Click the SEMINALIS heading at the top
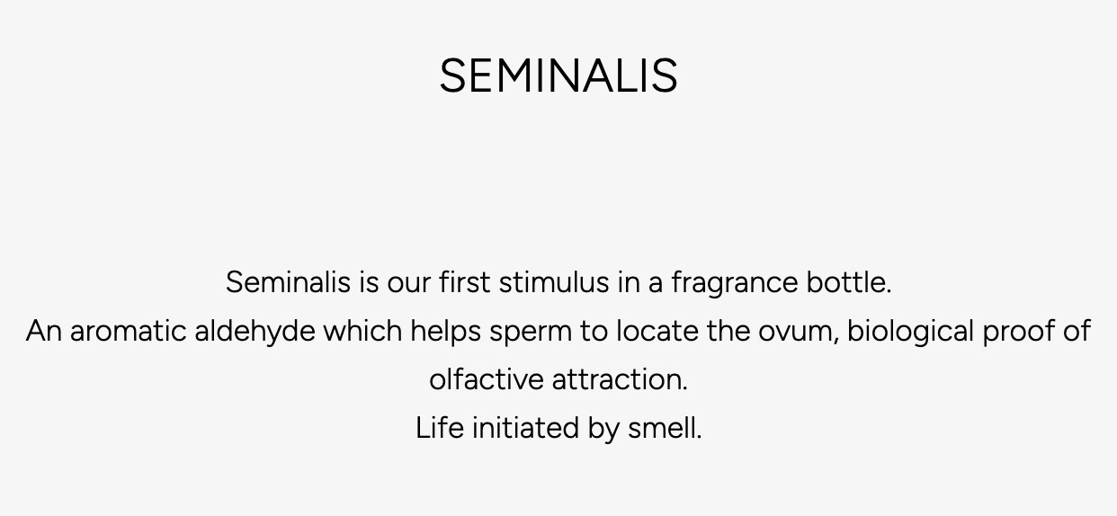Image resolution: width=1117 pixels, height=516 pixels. (x=558, y=76)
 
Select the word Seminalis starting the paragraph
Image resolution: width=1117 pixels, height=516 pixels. (x=288, y=281)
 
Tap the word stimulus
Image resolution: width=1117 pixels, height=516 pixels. (x=554, y=281)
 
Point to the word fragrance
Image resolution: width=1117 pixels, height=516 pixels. (x=735, y=283)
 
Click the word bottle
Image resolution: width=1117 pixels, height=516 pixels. (x=849, y=281)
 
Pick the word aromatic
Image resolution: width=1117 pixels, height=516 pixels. (x=128, y=331)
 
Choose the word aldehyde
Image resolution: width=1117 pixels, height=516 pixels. (x=255, y=332)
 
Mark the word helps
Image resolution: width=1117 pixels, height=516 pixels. (x=445, y=332)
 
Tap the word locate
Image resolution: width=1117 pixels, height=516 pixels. (x=657, y=331)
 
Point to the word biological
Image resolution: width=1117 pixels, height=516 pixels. (x=910, y=332)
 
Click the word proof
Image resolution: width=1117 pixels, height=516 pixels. (x=1019, y=332)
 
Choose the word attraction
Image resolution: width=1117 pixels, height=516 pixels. (x=620, y=379)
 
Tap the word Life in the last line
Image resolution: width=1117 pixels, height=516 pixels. (x=439, y=428)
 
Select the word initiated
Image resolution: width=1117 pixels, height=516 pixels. (x=525, y=428)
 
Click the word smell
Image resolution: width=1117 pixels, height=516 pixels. (x=665, y=428)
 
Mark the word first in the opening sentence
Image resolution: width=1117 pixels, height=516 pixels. (x=465, y=281)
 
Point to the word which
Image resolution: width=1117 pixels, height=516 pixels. (x=363, y=331)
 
